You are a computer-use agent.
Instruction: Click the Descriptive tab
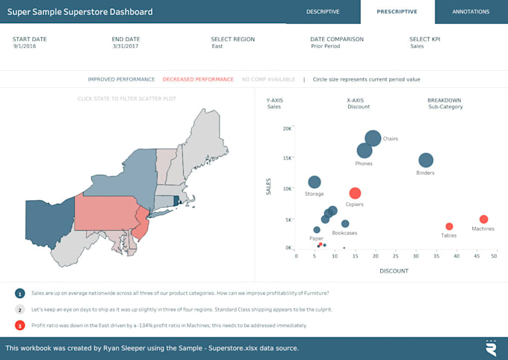pyautogui.click(x=323, y=12)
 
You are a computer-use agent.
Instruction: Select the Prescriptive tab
pyautogui.click(x=397, y=12)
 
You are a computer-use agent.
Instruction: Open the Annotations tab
pyautogui.click(x=471, y=12)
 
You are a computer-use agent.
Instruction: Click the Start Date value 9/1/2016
pyautogui.click(x=25, y=46)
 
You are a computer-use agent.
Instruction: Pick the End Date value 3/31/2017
pyautogui.click(x=126, y=46)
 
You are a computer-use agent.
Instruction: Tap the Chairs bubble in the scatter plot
pyautogui.click(x=373, y=138)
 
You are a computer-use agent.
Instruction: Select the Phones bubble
pyautogui.click(x=365, y=150)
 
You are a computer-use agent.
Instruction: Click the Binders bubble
pyautogui.click(x=426, y=160)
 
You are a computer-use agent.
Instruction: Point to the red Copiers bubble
pyautogui.click(x=355, y=193)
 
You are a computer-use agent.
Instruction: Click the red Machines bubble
pyautogui.click(x=483, y=220)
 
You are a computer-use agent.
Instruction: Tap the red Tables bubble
pyautogui.click(x=449, y=226)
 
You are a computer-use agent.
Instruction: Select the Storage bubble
pyautogui.click(x=315, y=182)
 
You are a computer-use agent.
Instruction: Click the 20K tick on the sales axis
pyautogui.click(x=287, y=128)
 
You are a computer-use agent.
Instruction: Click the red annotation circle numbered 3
pyautogui.click(x=19, y=325)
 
